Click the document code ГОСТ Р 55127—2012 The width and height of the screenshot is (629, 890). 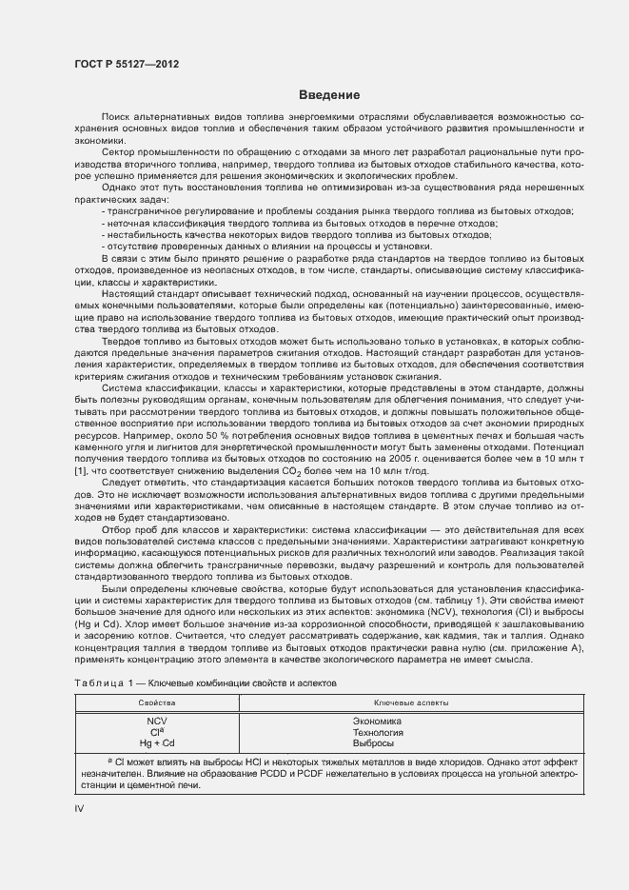click(126, 64)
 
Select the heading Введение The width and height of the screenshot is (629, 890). click(328, 95)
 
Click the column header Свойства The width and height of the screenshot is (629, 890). click(156, 702)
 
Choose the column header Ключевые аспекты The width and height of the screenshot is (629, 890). click(411, 702)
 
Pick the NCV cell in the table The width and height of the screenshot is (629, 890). click(156, 721)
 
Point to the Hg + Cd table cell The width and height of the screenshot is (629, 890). click(156, 742)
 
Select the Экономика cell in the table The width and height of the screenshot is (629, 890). click(377, 721)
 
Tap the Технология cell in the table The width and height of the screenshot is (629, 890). click(377, 732)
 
